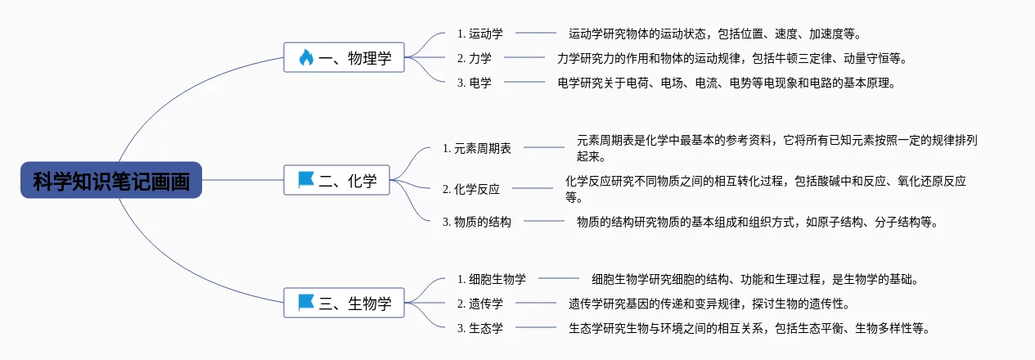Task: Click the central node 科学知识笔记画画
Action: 111,180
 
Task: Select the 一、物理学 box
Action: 344,57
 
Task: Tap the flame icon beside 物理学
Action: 306,58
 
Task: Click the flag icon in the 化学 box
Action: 306,180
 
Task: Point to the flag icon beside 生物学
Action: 306,303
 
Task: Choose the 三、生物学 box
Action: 344,303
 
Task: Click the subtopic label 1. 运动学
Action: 480,34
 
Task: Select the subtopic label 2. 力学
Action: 475,58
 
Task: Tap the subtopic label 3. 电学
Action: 475,83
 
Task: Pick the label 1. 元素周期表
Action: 477,148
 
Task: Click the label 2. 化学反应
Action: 471,190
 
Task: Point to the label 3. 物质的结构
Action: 477,223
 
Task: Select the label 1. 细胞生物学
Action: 492,279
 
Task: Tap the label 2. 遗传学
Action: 480,304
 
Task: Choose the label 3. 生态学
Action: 480,328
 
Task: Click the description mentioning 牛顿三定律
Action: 733,58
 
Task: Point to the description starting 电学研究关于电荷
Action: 727,83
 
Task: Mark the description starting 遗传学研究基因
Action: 709,304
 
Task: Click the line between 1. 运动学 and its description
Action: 536,33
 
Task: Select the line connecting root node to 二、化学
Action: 242,180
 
